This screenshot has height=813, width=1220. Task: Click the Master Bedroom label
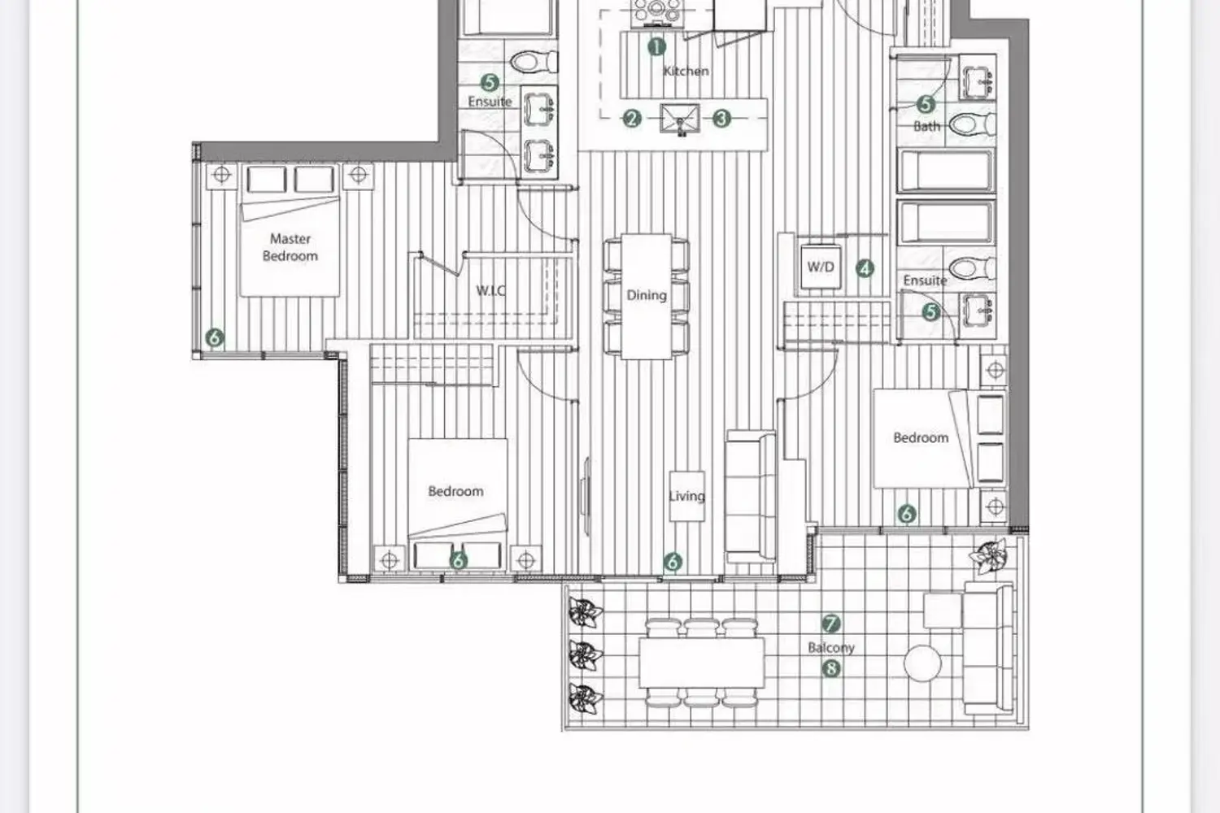[x=290, y=247]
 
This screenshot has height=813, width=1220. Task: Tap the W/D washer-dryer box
[x=821, y=267]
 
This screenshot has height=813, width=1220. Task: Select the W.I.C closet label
[x=490, y=290]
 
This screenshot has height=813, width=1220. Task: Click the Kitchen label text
[x=686, y=71]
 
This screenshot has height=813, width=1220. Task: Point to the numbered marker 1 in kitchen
[x=657, y=47]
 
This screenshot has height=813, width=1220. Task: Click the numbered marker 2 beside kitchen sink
[x=632, y=118]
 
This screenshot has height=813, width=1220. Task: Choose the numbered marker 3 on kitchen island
[x=721, y=118]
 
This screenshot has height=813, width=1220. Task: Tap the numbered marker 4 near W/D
[x=865, y=268]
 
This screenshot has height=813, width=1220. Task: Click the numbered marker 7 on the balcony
[x=830, y=624]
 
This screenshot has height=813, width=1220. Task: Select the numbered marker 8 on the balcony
[x=830, y=668]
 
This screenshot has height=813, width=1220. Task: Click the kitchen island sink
[x=680, y=119]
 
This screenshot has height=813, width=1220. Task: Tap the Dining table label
[x=647, y=295]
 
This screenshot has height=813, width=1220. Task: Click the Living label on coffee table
[x=686, y=496]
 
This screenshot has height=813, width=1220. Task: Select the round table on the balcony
[x=922, y=663]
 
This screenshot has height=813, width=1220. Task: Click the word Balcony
[x=831, y=647]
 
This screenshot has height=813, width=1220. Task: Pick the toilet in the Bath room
[x=972, y=124]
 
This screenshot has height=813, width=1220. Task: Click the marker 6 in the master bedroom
[x=215, y=337]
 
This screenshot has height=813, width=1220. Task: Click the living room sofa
[x=751, y=497]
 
